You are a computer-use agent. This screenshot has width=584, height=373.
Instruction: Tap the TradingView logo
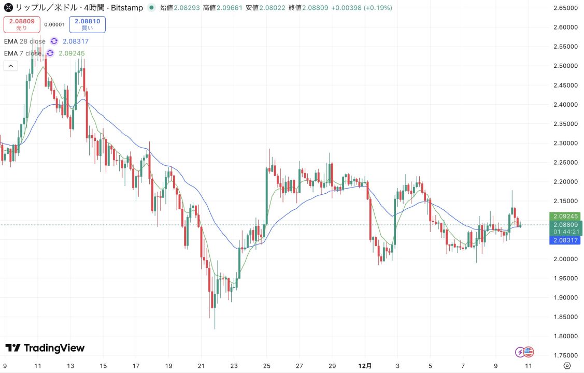click(x=45, y=348)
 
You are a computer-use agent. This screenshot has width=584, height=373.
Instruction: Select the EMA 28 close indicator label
click(x=24, y=41)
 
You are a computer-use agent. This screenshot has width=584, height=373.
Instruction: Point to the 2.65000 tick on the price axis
click(x=565, y=8)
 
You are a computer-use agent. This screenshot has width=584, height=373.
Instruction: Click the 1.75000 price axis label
click(x=565, y=355)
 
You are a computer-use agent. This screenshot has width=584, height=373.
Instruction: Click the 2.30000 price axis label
click(x=565, y=143)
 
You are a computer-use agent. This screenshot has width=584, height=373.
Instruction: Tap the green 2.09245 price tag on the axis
click(x=565, y=216)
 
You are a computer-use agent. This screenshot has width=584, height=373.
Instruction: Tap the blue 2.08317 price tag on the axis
click(x=565, y=240)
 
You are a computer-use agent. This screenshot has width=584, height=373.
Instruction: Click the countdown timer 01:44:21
click(x=565, y=232)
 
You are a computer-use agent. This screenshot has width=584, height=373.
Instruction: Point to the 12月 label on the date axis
click(x=365, y=366)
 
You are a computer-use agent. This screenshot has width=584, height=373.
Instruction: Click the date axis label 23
click(x=234, y=366)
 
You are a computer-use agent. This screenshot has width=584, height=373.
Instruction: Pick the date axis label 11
click(x=37, y=366)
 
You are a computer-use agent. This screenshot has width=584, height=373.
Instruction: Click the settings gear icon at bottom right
click(x=567, y=366)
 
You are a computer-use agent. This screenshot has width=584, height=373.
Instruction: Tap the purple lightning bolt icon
click(x=519, y=352)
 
